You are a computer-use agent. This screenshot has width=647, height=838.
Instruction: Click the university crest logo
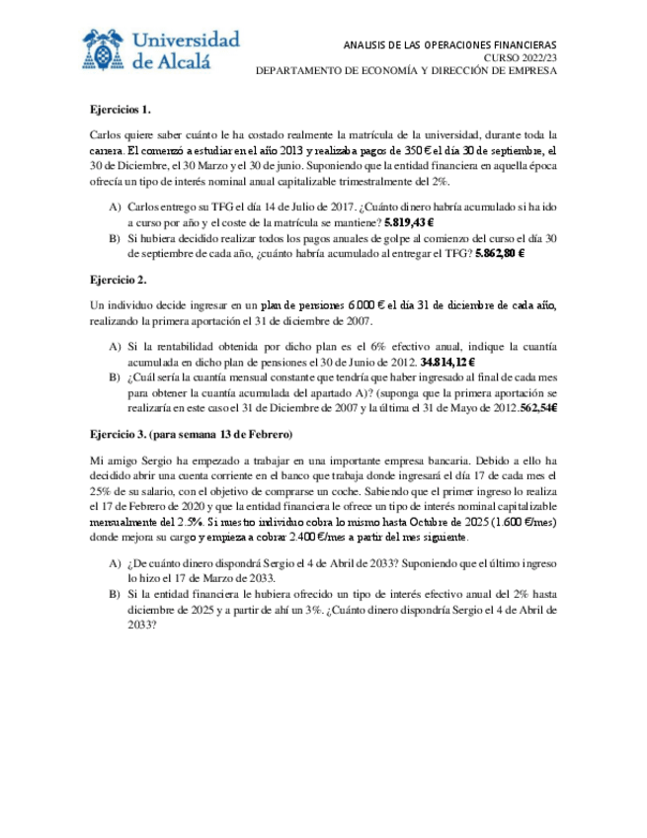click(x=104, y=51)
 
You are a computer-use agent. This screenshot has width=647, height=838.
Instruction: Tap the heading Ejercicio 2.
click(x=118, y=281)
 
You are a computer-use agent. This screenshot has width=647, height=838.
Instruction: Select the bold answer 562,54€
click(x=533, y=407)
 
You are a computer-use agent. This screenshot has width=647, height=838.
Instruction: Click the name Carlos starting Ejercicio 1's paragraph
click(x=107, y=135)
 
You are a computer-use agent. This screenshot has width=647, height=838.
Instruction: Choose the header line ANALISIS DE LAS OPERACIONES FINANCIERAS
click(x=449, y=44)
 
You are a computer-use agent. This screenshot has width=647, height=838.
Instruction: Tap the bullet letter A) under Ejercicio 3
click(x=116, y=563)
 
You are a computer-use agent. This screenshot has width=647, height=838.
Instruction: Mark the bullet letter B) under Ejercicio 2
click(x=116, y=377)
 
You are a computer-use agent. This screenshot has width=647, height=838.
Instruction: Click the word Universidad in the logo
click(x=185, y=41)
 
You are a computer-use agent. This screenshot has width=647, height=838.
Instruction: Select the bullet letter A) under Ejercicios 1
click(x=116, y=209)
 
